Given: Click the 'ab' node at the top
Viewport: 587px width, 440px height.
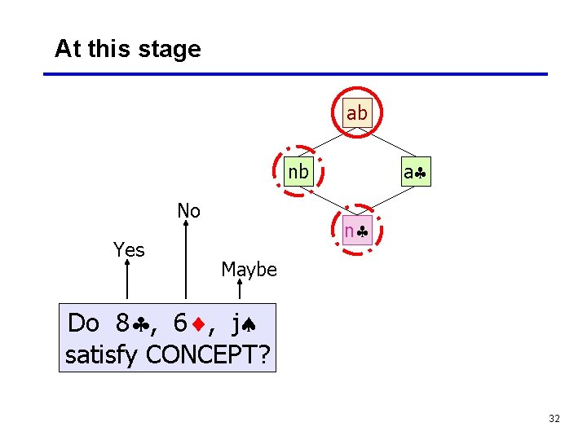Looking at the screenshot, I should (x=356, y=113).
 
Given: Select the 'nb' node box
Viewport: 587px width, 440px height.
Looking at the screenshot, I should (x=298, y=172).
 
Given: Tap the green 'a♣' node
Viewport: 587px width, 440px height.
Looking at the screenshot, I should (x=415, y=172).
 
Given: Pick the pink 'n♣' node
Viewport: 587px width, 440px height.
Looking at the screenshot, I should (x=356, y=231).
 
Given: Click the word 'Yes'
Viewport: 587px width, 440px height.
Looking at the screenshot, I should (x=129, y=250).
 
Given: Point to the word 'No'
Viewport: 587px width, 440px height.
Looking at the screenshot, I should (x=188, y=211).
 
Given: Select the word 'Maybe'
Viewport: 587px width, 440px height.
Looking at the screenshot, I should (x=249, y=270).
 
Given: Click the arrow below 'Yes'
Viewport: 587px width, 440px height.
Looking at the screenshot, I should (x=128, y=282).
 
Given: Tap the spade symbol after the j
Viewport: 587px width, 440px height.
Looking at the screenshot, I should (x=249, y=324).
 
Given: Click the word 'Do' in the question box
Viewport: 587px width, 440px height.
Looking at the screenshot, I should (x=83, y=323).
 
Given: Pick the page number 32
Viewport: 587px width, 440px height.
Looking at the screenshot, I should (x=554, y=419).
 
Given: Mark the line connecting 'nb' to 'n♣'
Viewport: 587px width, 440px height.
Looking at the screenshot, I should (x=326, y=201).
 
